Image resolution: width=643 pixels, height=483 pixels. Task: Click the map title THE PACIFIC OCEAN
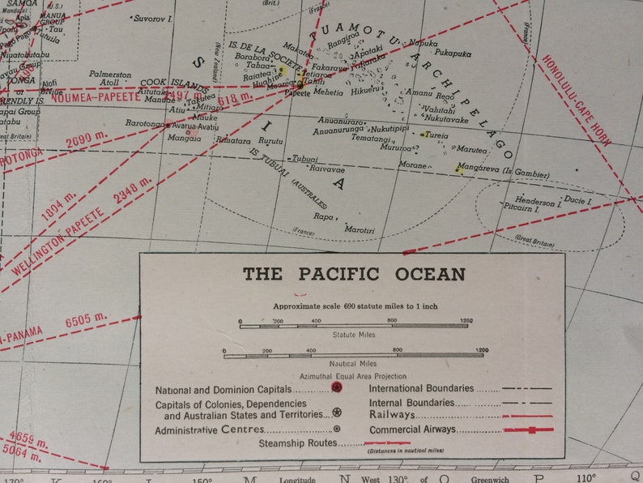[354, 274]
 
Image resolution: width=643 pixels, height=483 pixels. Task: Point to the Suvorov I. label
[152, 17]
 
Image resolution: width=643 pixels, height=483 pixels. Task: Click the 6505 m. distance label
[86, 321]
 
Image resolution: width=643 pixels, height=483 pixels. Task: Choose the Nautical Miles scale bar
[356, 353]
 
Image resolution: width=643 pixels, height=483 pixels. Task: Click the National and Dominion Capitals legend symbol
[337, 388]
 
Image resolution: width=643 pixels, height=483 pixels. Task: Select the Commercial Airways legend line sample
[527, 430]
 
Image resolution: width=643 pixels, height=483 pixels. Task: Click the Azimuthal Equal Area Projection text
[353, 376]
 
